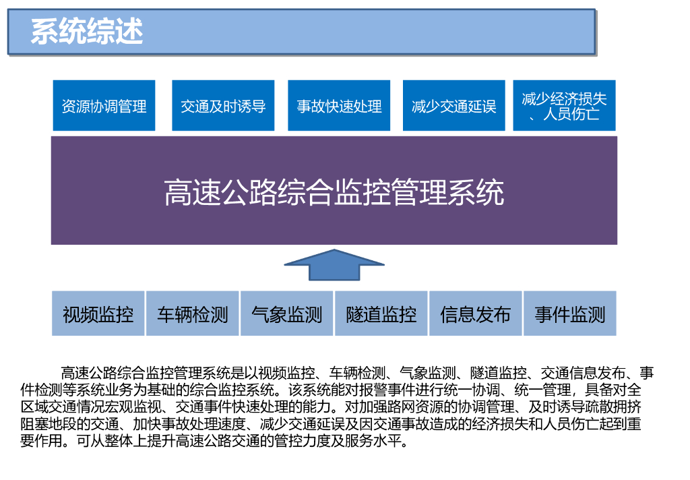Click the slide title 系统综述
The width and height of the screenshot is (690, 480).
pyautogui.click(x=87, y=32)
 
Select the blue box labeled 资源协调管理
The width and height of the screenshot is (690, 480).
pyautogui.click(x=104, y=106)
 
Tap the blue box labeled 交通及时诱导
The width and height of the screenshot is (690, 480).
pyautogui.click(x=223, y=106)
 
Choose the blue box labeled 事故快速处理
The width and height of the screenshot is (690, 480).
pyautogui.click(x=339, y=106)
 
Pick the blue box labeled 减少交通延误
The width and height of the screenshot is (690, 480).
pyautogui.click(x=453, y=106)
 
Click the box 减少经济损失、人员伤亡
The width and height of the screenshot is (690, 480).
pyautogui.click(x=564, y=106)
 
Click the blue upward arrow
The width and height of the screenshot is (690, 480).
pyautogui.click(x=334, y=264)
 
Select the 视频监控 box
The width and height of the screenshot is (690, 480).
pyautogui.click(x=98, y=314)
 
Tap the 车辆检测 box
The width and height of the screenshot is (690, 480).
pyautogui.click(x=193, y=314)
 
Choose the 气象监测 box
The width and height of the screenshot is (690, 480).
pyautogui.click(x=287, y=314)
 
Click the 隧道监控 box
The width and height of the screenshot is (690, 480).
pyautogui.click(x=381, y=314)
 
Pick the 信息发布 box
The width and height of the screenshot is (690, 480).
pyautogui.click(x=476, y=314)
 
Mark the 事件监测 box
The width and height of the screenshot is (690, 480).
pyautogui.click(x=570, y=314)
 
